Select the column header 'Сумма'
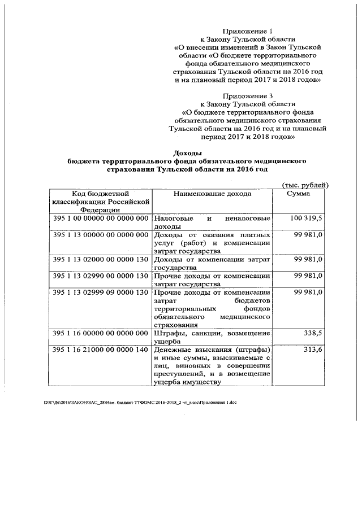[x=298, y=194]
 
